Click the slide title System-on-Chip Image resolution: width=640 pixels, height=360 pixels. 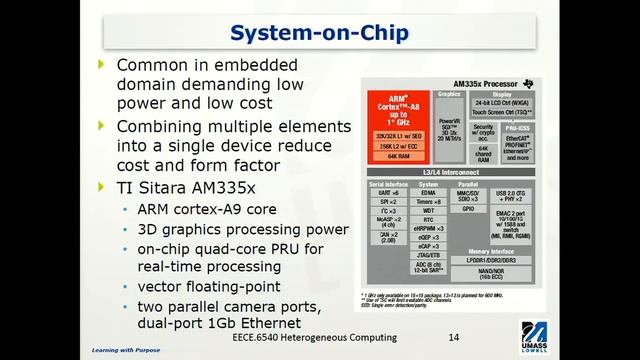tap(319, 33)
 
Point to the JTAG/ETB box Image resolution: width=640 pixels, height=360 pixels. tap(430, 254)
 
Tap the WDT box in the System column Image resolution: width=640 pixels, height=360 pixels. tap(430, 211)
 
